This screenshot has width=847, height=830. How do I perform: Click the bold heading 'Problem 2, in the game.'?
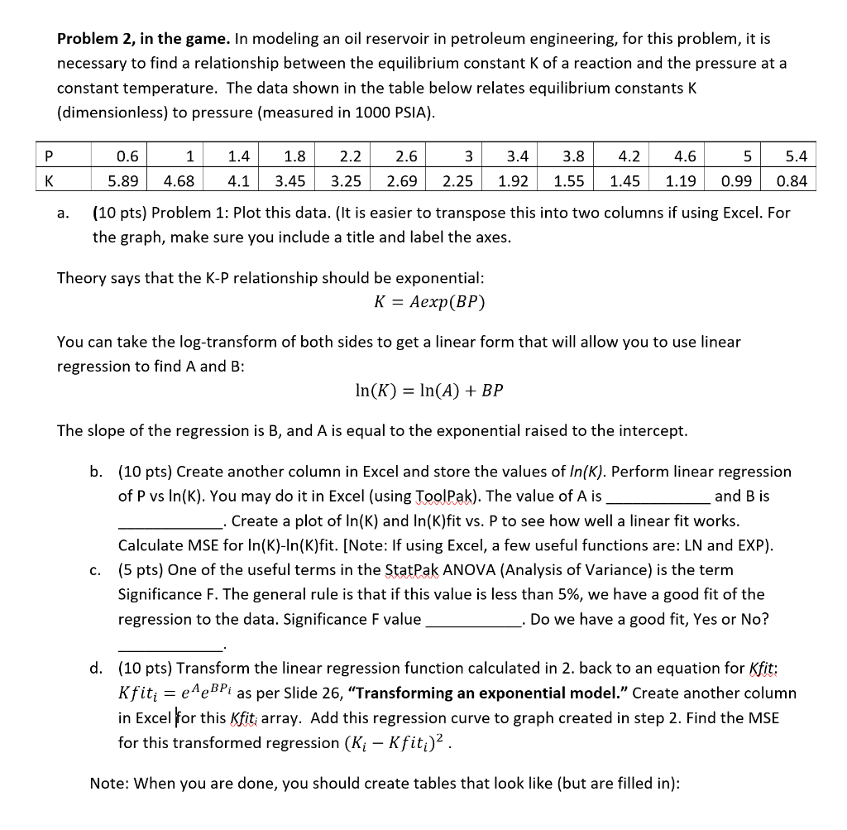pos(144,39)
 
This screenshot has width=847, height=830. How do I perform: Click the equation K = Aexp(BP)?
pos(429,302)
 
